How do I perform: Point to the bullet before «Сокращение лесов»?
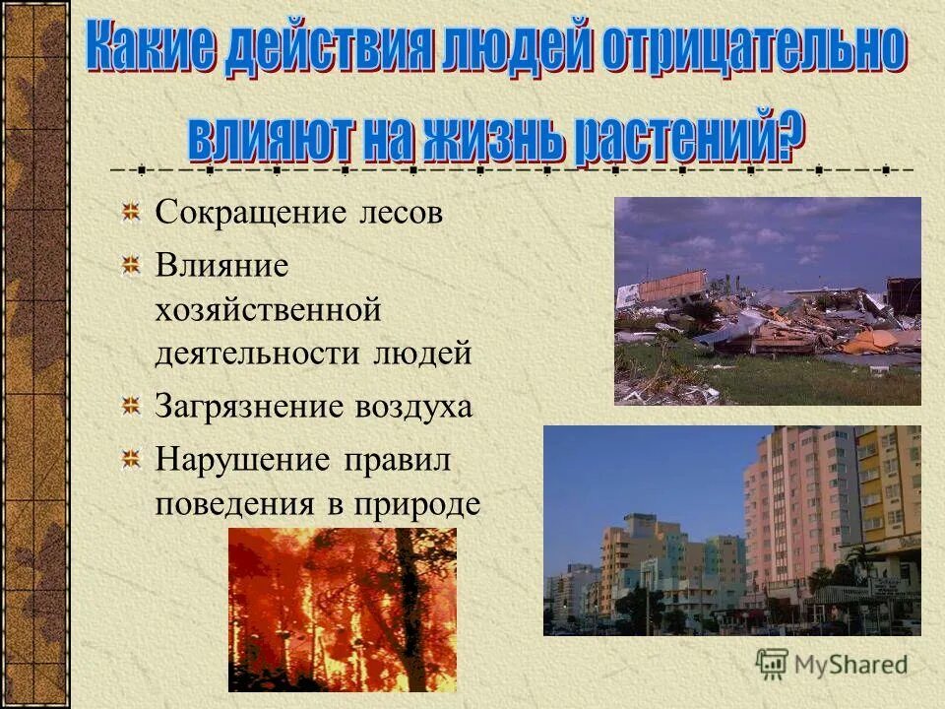[130, 212]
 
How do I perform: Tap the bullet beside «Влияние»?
[130, 264]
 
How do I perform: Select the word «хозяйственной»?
[267, 311]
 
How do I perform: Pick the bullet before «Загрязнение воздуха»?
[130, 405]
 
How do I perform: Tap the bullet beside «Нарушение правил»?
[130, 458]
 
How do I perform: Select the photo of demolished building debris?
[767, 300]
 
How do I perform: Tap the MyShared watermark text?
[850, 665]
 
